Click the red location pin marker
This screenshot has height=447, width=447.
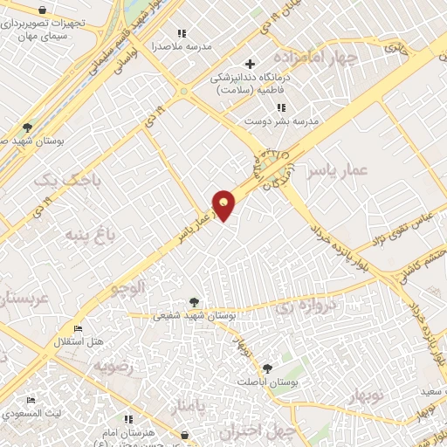224,204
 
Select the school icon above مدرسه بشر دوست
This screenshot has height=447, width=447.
280,107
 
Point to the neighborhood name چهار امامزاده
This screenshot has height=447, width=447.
352,58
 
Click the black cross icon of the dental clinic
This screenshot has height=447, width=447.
251,64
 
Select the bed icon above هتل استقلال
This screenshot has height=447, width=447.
78,328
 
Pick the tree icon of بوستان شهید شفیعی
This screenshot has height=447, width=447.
194,302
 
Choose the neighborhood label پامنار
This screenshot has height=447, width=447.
190,407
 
